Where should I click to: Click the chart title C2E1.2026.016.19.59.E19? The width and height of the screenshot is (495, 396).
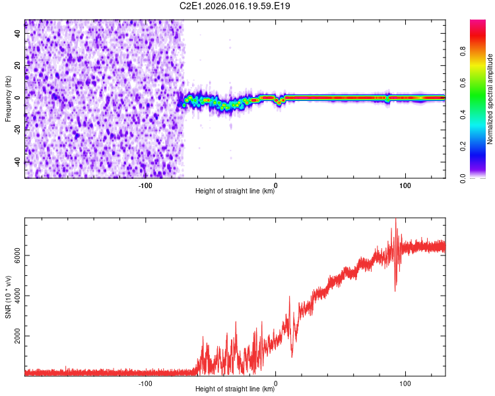(x=236, y=7)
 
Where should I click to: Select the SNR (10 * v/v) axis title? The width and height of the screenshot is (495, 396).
(x=8, y=297)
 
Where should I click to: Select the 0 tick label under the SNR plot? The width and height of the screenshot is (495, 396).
(x=275, y=382)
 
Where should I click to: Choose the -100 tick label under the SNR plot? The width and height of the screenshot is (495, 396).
(x=146, y=382)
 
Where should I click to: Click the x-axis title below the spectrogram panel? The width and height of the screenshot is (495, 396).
(x=235, y=191)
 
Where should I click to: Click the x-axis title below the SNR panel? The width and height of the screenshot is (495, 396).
(x=235, y=389)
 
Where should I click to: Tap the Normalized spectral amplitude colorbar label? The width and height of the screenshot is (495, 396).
(x=490, y=99)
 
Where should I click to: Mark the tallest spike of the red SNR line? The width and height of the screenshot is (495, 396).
(x=395, y=220)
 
